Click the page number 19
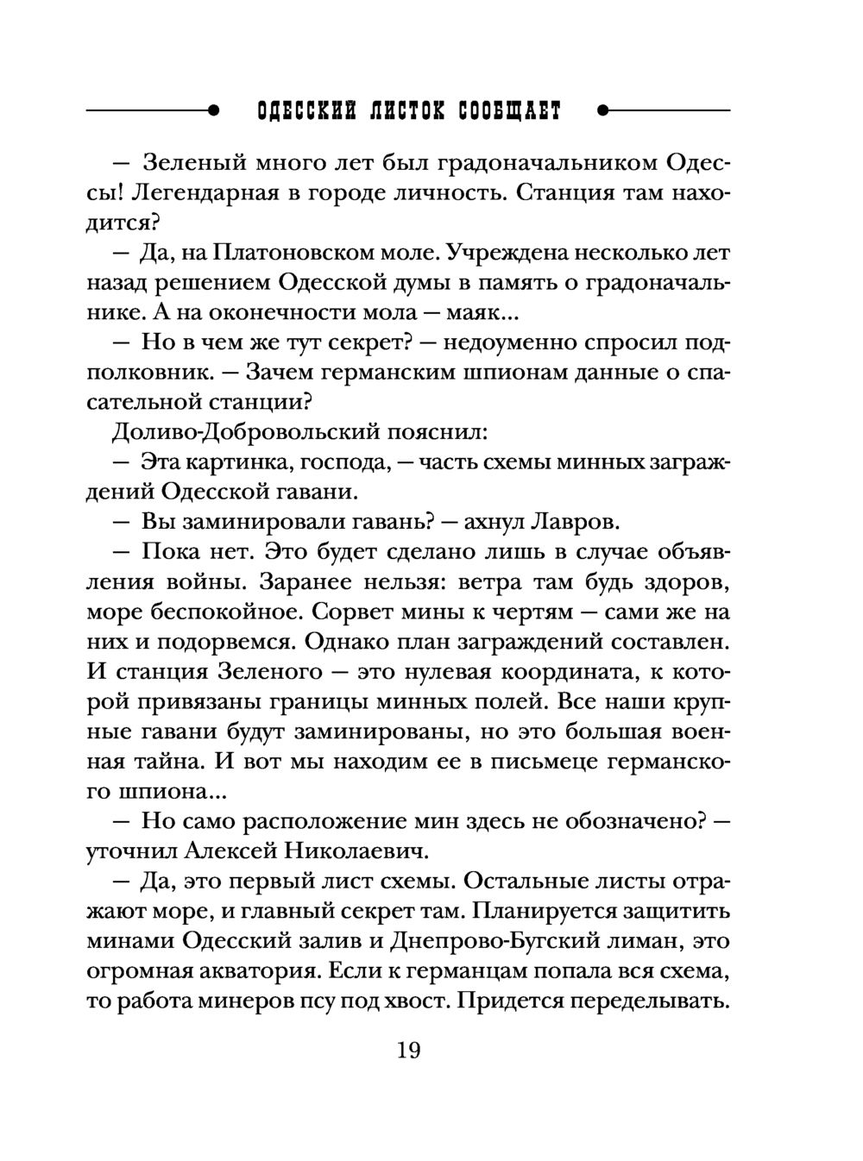coord(408,1051)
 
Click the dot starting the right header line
coord(602,111)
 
